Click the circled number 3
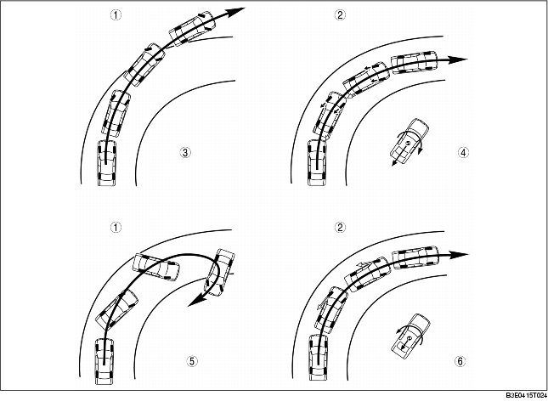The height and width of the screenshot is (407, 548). pyautogui.click(x=185, y=153)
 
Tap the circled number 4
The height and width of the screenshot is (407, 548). pyautogui.click(x=462, y=154)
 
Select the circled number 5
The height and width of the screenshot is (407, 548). pyautogui.click(x=192, y=361)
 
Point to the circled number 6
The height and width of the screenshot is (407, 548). pyautogui.click(x=460, y=361)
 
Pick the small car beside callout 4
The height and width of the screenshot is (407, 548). pyautogui.click(x=410, y=141)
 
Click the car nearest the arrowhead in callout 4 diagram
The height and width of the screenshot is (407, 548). pyautogui.click(x=414, y=63)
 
